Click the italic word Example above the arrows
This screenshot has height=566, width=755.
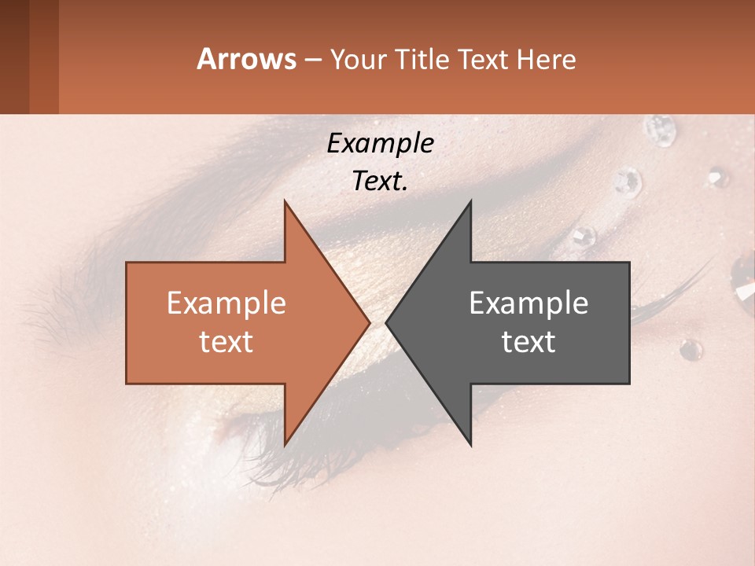tap(380, 143)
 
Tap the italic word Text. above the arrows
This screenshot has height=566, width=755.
tap(380, 181)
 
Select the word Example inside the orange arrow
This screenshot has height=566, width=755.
tap(226, 303)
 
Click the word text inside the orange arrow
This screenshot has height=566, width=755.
tap(226, 341)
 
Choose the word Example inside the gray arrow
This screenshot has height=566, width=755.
tap(528, 303)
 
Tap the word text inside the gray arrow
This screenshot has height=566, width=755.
tap(528, 341)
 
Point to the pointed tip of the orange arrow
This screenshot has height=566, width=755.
tap(369, 322)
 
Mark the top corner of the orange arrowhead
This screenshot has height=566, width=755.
tap(285, 202)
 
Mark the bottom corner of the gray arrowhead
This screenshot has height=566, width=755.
tap(470, 444)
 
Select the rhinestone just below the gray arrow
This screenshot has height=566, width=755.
tap(691, 349)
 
